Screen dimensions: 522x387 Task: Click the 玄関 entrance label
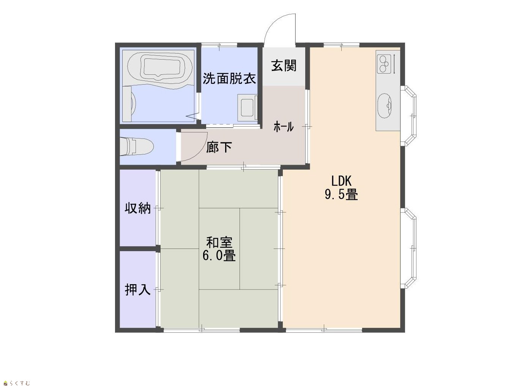284,66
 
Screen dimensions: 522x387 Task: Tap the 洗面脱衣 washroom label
229,78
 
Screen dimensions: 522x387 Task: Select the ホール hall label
283,127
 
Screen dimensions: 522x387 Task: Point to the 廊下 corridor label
219,147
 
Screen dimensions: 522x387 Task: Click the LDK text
341,181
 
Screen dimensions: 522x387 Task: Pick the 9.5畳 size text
341,195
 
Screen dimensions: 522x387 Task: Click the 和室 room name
219,242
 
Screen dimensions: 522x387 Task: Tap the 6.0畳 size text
219,256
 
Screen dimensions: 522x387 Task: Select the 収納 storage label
138,208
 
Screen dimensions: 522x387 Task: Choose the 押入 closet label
138,289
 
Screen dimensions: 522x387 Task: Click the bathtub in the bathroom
161,68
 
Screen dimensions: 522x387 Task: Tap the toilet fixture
137,146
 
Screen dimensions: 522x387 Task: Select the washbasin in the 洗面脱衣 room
248,108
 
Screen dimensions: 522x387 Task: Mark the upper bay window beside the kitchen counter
408,116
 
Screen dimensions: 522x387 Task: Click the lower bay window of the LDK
408,248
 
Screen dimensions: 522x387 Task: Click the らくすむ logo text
19,383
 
